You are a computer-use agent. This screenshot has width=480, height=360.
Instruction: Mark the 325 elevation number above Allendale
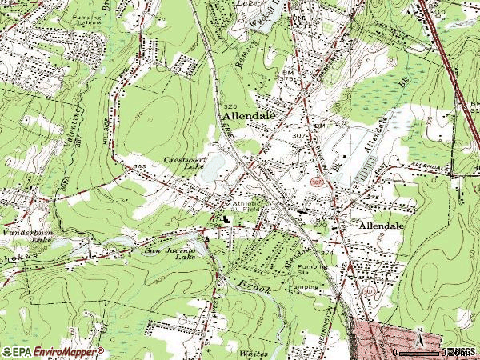[230, 106]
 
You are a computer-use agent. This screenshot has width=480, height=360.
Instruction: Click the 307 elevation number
[300, 135]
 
